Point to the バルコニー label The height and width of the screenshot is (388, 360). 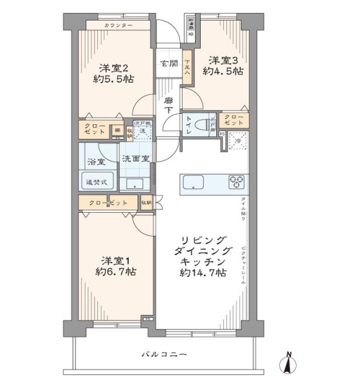pos(165,354)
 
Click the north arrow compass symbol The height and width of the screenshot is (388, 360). pos(287,362)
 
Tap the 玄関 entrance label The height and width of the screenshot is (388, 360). pos(169,63)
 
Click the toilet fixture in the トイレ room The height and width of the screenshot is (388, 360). pos(207,123)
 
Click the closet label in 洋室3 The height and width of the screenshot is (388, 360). pos(234,120)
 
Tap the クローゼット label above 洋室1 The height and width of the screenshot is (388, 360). pos(108,203)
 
